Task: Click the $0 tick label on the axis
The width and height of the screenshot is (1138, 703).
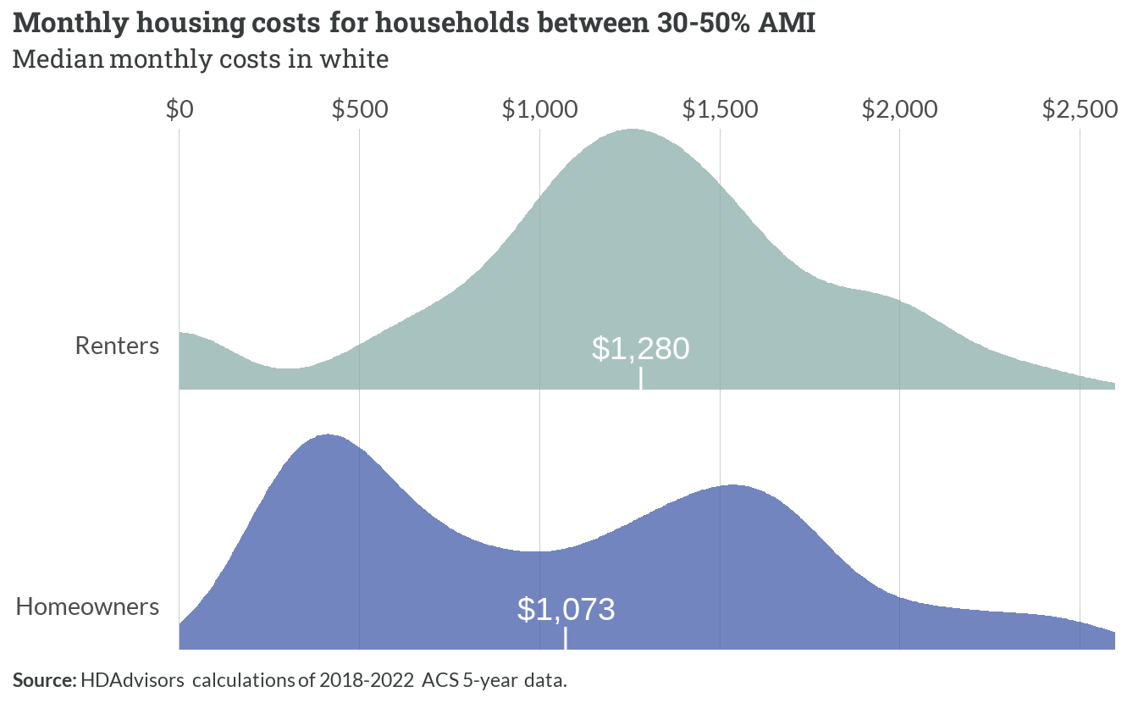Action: pos(180,109)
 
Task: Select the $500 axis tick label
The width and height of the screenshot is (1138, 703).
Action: pos(360,109)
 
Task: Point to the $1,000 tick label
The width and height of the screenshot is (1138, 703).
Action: pos(540,109)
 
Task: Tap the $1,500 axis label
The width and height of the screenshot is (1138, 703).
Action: pos(721,109)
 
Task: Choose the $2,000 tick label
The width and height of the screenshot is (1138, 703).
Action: pos(900,109)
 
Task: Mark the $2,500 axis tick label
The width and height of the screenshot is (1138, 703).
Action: pos(1080,109)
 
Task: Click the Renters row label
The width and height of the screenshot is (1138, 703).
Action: pos(118,346)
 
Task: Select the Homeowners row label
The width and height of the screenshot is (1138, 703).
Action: pos(87,606)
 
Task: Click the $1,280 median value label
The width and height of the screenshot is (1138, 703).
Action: pos(641,349)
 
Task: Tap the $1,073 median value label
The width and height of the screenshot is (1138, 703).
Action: pos(566,609)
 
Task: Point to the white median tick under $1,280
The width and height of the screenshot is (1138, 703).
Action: pos(641,379)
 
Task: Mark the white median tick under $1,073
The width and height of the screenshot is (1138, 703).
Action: pos(566,638)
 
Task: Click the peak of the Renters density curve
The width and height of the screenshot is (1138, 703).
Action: pos(632,129)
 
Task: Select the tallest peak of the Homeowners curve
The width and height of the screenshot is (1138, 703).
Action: pos(328,435)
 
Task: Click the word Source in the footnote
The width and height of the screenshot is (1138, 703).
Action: pos(45,680)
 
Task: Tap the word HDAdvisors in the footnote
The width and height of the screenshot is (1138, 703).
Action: pos(133,680)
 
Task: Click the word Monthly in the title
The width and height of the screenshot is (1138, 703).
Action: pos(70,24)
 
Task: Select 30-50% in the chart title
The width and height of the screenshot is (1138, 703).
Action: pos(703,24)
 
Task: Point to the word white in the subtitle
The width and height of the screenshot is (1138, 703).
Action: pos(354,59)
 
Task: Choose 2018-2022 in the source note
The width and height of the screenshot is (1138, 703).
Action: pos(367,680)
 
